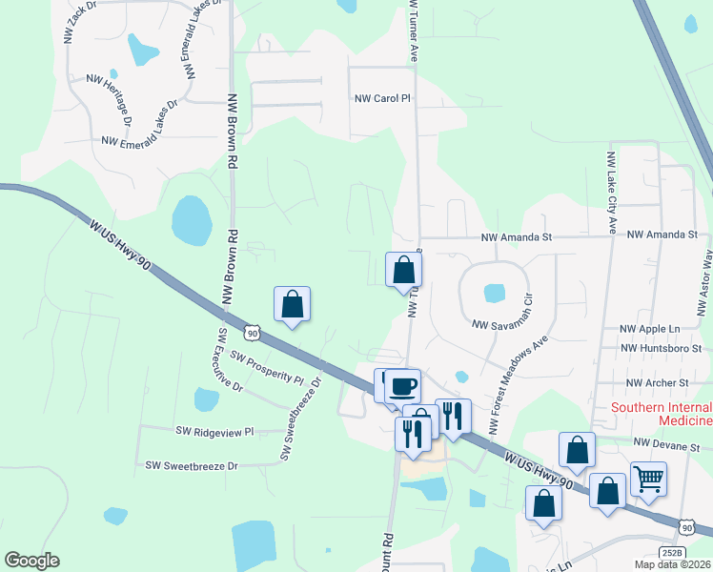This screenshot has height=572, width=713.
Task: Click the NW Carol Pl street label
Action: [381, 98]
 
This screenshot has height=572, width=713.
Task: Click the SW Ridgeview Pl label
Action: [214, 431]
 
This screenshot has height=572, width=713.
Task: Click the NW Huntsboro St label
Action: [659, 349]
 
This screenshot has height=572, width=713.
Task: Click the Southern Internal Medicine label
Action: [662, 414]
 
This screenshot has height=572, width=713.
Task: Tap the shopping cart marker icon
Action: [648, 478]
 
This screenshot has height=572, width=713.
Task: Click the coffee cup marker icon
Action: [402, 384]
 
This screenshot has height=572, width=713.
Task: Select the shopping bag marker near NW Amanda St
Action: [404, 269]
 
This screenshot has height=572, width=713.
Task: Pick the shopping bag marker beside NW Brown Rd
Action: [293, 304]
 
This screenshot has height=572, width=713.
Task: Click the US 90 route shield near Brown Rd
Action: [252, 333]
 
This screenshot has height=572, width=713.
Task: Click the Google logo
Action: [31, 561]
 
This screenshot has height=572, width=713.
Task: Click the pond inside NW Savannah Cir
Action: [495, 292]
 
